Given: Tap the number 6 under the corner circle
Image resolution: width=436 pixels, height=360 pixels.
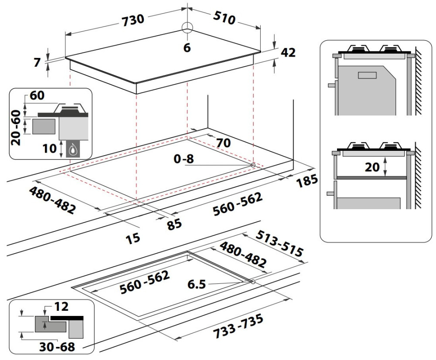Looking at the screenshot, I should pos(187,48).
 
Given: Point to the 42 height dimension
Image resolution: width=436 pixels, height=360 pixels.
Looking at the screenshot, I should pos(288,52).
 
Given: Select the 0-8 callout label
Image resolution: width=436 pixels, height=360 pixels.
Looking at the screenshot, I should pos(183,160).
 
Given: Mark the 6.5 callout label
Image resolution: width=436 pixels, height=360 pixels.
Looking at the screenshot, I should pos(197,285).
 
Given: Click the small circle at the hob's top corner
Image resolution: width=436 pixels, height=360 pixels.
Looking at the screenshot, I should pos(187,27).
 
